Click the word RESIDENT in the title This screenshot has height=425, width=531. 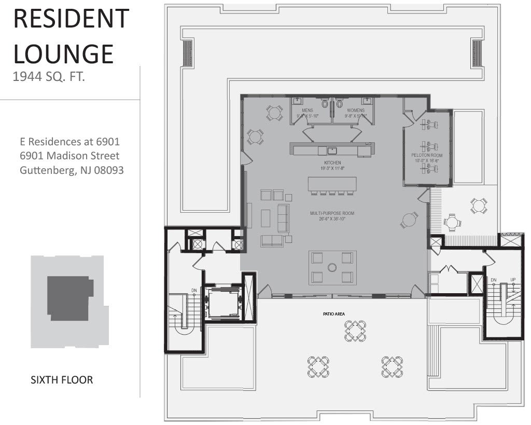click(x=71, y=19)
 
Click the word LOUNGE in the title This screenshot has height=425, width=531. click(x=63, y=53)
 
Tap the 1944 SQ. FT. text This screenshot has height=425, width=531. click(x=49, y=77)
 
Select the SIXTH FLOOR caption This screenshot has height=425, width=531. click(x=62, y=380)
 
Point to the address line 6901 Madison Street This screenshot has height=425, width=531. click(x=69, y=156)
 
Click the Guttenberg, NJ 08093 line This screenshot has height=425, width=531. click(x=72, y=170)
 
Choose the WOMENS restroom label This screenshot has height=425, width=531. click(x=356, y=111)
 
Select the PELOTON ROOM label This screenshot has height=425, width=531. click(x=427, y=155)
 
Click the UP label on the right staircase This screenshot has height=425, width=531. click(x=512, y=280)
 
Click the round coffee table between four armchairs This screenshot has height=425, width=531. click(x=332, y=267)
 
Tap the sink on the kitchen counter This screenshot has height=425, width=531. click(x=331, y=150)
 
